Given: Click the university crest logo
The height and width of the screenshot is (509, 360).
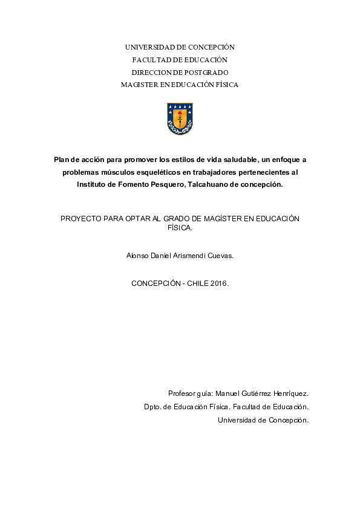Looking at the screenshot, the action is tap(180, 118).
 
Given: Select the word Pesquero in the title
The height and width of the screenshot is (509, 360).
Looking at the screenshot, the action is tap(165, 185).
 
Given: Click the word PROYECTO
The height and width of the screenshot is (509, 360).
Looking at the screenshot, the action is tap(82, 218).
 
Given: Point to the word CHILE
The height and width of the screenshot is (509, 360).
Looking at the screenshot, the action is tap(198, 282).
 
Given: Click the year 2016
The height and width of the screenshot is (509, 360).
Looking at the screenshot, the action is tap(220, 282).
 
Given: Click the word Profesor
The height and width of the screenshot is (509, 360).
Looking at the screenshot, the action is tap(183, 393).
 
